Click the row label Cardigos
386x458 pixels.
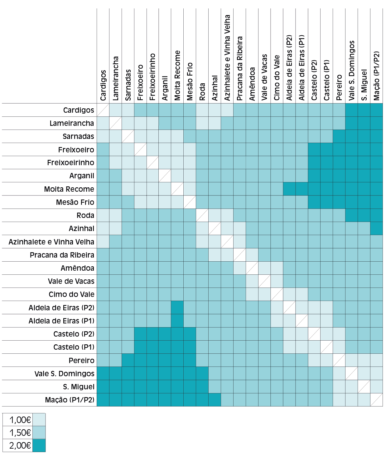click(x=79, y=110)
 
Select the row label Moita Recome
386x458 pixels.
click(x=69, y=189)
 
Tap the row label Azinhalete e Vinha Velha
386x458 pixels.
click(x=51, y=242)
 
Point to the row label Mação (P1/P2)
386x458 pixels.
click(x=70, y=400)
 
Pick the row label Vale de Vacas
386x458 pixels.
click(x=71, y=281)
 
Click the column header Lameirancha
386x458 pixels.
click(x=115, y=78)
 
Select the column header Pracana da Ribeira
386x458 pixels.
click(x=240, y=68)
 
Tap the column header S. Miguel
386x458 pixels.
click(x=364, y=85)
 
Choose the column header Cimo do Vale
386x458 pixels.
click(x=277, y=78)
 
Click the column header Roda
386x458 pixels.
click(x=202, y=92)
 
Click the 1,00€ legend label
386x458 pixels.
click(x=20, y=420)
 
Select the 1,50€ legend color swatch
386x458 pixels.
click(x=39, y=433)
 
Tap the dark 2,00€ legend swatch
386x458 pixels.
click(x=39, y=445)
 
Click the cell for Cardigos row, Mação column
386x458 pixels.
click(x=376, y=110)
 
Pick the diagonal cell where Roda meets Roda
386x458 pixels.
click(x=202, y=215)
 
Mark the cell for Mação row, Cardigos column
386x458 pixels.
click(x=103, y=400)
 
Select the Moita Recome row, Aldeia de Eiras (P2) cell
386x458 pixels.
click(x=289, y=189)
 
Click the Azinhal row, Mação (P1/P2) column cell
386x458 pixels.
click(x=376, y=229)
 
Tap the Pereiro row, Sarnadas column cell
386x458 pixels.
click(x=128, y=360)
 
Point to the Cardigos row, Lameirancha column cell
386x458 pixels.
click(x=115, y=110)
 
